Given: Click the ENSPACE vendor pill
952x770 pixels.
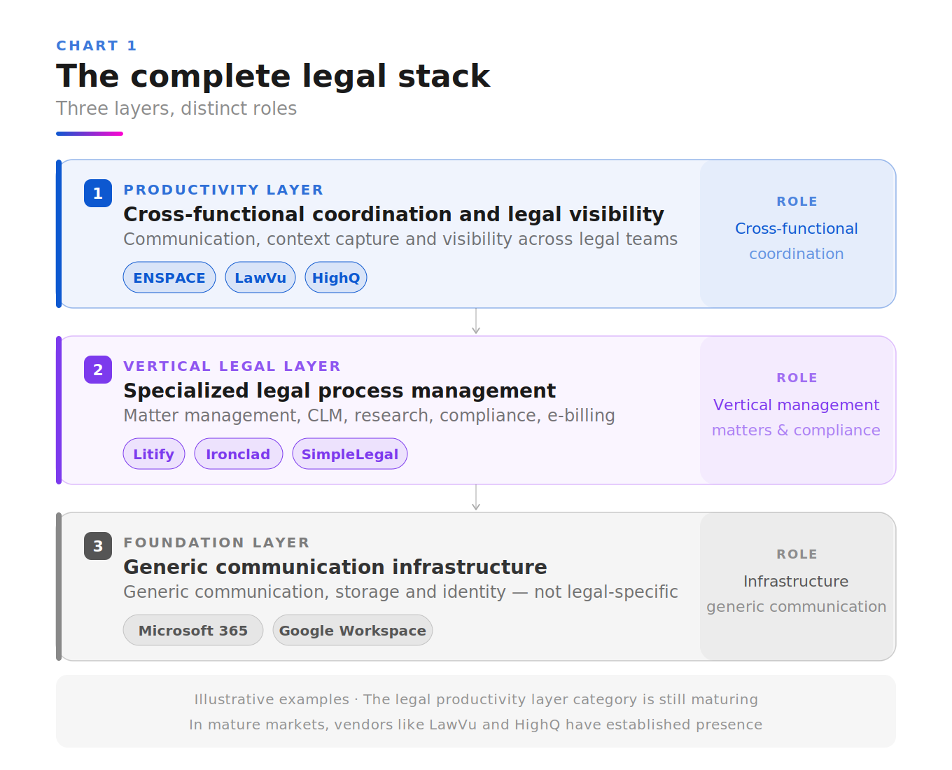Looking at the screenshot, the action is point(169,277).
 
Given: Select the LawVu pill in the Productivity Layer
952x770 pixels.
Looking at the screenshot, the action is point(260,277).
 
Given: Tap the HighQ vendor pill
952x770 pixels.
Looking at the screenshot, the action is point(336,277).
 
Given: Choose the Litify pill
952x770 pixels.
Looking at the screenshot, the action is point(154,454).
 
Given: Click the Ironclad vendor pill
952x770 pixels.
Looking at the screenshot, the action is point(238,454).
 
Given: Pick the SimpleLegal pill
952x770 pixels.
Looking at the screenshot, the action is point(349,454).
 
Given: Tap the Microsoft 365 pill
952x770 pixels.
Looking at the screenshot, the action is point(193,630).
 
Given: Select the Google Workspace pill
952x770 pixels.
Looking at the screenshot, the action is point(353,630).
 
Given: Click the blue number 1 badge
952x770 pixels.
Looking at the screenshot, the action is point(98,193).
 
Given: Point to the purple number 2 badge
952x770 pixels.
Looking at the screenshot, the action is point(98,370).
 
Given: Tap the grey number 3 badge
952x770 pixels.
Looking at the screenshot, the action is point(98,546).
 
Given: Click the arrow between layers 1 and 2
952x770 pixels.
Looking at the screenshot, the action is point(476,321).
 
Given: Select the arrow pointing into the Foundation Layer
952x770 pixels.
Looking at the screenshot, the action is point(476,498).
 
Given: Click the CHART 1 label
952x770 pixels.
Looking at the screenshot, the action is point(96,45).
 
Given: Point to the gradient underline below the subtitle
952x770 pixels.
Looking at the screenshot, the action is point(90,134).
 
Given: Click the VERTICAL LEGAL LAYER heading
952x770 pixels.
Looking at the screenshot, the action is point(232,366).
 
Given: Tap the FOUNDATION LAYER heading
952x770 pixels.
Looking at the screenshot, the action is point(216,542).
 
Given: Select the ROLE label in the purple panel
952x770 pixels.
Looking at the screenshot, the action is point(797,377).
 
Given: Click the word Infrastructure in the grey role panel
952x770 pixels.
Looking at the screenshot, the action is point(796,581).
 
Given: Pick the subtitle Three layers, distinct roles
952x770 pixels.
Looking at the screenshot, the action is point(176,108).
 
